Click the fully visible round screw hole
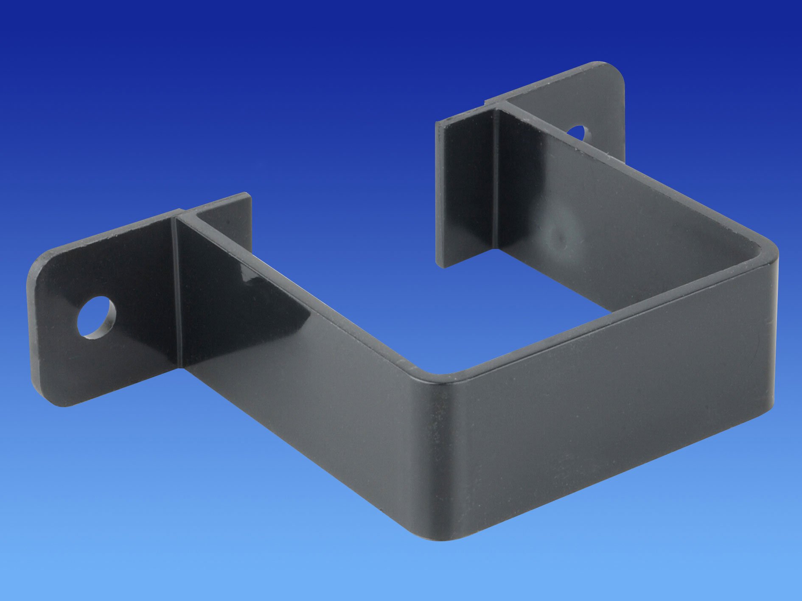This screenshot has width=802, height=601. pos(96,317)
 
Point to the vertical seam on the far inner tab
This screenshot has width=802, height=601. pos(495,178)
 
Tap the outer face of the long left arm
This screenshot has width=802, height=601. pos(306,382)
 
